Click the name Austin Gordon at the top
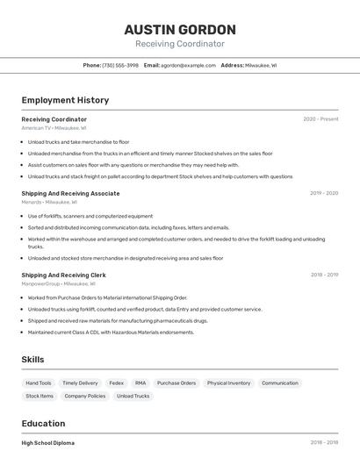click(180, 29)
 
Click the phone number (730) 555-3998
click(120, 65)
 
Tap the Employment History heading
click(65, 100)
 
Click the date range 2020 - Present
click(320, 119)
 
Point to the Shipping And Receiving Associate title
click(70, 193)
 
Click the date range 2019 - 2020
click(324, 193)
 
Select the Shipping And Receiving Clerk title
click(63, 275)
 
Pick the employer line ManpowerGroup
click(58, 283)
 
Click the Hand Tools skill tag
click(39, 383)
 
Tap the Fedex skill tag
click(116, 383)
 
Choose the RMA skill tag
click(140, 383)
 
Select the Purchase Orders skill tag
click(176, 383)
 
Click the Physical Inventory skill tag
click(228, 383)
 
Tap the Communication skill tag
click(280, 383)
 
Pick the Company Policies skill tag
click(85, 396)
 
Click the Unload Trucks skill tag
click(133, 396)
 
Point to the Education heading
click(43, 424)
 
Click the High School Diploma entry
click(48, 443)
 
